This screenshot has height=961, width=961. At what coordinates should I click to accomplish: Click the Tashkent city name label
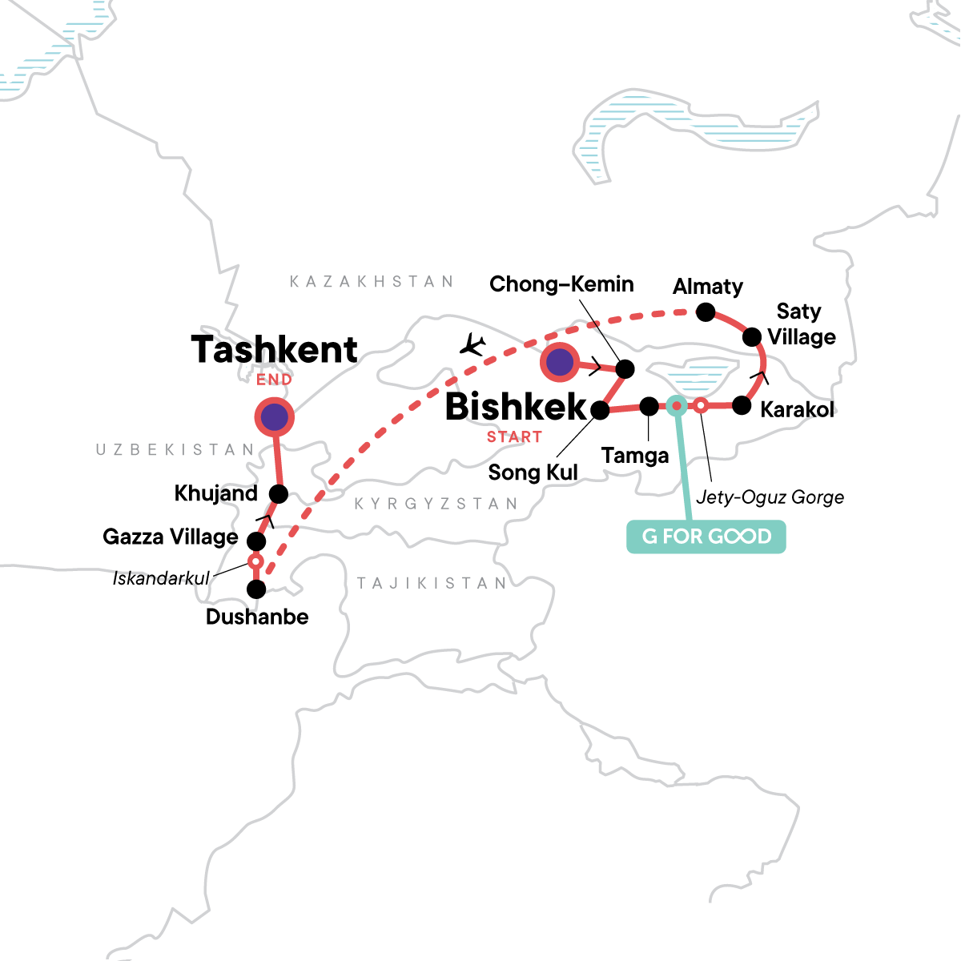274,350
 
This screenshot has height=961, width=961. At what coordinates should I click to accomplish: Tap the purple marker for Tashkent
274,417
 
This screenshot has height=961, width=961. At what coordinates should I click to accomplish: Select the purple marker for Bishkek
560,363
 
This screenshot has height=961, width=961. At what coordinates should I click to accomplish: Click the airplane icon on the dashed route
473,344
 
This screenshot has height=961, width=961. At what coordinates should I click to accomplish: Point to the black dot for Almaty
706,312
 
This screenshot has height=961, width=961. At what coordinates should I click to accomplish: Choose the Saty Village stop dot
752,337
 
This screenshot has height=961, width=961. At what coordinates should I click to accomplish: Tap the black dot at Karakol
742,405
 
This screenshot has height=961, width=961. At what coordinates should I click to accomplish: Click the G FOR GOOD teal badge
706,537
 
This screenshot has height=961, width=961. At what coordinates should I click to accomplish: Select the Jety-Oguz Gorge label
770,497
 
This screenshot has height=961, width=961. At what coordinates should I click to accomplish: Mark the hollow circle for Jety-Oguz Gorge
700,406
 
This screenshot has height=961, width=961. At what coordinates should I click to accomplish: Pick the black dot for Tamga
649,407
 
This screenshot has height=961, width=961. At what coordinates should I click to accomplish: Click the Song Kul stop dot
599,411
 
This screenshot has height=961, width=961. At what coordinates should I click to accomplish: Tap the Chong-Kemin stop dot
625,369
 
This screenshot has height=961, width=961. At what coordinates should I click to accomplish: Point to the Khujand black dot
278,493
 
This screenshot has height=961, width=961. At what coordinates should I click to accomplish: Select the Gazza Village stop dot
255,541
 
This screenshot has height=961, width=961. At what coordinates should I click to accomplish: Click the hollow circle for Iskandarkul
255,561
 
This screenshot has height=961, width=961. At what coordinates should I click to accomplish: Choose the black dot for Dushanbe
256,590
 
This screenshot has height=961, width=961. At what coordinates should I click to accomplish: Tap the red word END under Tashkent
274,380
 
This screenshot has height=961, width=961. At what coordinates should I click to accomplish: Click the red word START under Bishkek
514,437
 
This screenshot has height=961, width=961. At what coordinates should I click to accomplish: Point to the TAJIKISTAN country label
432,583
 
